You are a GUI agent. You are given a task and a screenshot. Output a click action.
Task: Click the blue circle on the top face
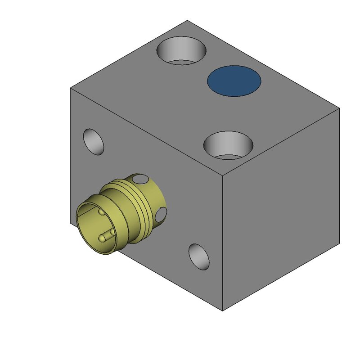pyautogui.click(x=234, y=81)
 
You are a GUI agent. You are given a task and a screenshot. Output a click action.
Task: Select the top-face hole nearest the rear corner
pyautogui.click(x=181, y=50)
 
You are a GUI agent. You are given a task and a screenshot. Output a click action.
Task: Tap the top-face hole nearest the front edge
pyautogui.click(x=228, y=145)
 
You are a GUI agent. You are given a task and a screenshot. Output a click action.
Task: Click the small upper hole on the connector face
pyautogui.click(x=94, y=141)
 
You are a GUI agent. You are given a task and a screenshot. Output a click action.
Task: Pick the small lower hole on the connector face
pyautogui.click(x=199, y=257)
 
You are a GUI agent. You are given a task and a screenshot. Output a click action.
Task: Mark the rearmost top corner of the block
pyautogui.click(x=187, y=20)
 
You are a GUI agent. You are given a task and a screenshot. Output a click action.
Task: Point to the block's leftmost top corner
pyautogui.click(x=71, y=89)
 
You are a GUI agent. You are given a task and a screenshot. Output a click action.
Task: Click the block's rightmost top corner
pyautogui.click(x=339, y=108)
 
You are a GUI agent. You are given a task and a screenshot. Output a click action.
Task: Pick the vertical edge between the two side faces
pyautogui.click(x=223, y=243)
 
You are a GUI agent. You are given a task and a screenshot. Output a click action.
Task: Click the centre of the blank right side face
pyautogui.click(x=281, y=209)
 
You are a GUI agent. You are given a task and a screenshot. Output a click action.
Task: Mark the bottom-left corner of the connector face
pyautogui.click(x=71, y=223)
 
